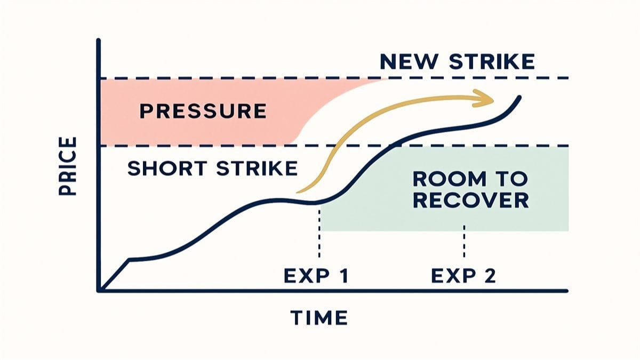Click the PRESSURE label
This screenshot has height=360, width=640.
pos(203,111)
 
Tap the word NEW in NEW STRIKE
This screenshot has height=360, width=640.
pos(409,62)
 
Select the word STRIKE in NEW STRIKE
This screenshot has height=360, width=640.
pos(492,62)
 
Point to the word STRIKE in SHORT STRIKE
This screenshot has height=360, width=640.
pos(257,169)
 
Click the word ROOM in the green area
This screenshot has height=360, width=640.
pos(450,179)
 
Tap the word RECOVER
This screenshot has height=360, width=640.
pos(471,201)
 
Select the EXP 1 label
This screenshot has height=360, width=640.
pos(316,276)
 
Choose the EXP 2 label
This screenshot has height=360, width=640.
pos(463,276)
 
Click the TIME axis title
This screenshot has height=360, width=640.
pos(319,317)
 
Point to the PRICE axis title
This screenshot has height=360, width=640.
pos(68,166)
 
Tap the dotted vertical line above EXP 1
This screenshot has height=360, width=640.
pos(319,234)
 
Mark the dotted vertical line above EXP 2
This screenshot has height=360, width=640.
pos(464,242)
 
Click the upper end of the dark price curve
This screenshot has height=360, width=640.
pos(519,98)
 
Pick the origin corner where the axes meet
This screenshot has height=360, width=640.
pos(99,291)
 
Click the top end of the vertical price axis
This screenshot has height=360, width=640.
pos(99,40)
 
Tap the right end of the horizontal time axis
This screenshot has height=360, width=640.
pos(566,291)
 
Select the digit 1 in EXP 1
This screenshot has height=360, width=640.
pos(345,276)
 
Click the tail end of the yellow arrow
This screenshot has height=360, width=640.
pos(298,191)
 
